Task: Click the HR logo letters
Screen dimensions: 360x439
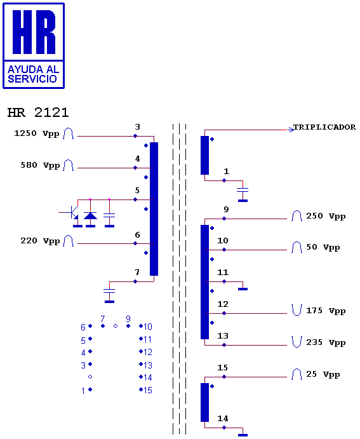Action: [34, 32]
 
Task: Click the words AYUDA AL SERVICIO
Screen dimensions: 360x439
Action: [33, 74]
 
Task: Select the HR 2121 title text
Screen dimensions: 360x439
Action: [38, 112]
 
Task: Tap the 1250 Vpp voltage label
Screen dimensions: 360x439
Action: [37, 133]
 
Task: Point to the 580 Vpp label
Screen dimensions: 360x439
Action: [40, 165]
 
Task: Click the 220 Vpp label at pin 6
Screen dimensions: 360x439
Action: [40, 241]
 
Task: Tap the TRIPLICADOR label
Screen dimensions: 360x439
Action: [324, 127]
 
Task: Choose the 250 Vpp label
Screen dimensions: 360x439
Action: [326, 216]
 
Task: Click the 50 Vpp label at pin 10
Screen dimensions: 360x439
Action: [323, 247]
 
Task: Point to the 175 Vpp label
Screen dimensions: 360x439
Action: [326, 311]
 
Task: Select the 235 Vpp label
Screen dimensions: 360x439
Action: [326, 342]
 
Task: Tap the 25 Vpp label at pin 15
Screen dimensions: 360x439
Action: [323, 374]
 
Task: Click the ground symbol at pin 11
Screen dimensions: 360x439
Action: [243, 289]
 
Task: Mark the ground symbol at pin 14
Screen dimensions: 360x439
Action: [243, 435]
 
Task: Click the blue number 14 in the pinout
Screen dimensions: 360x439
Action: [148, 377]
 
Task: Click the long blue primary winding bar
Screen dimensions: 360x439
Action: [154, 209]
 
